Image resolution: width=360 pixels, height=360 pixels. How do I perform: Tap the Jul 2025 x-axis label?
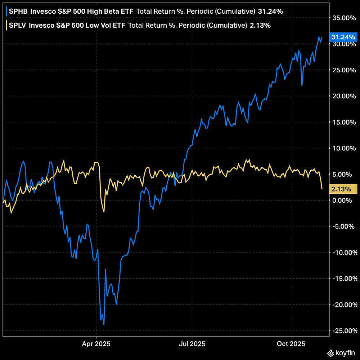click(x=192, y=343)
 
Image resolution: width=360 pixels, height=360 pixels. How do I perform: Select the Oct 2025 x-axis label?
click(x=291, y=343)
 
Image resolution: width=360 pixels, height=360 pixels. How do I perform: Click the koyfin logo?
click(x=341, y=353)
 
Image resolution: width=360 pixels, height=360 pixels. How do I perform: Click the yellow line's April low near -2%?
click(x=104, y=211)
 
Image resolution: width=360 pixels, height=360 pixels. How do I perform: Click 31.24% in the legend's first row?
click(x=270, y=12)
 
